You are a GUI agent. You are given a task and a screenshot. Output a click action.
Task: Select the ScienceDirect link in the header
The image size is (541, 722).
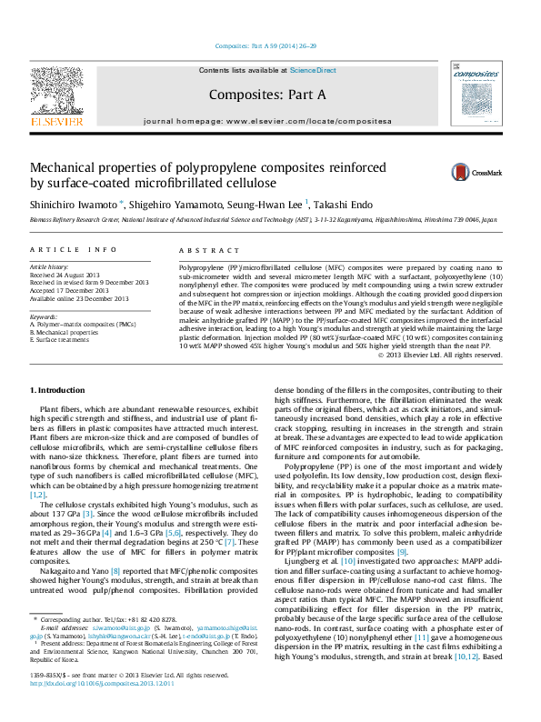(313, 70)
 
